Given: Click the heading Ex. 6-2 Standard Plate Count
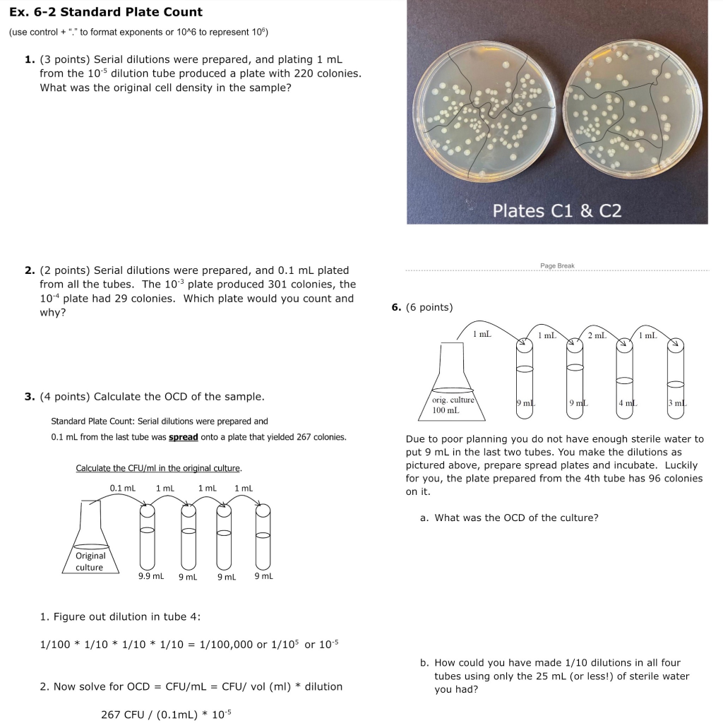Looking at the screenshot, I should point(106,12).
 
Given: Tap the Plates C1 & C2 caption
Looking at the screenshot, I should point(556,210).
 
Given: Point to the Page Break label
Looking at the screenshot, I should point(557,265).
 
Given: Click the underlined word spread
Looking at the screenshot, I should point(183,437).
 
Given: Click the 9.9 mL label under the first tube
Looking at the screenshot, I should point(150,576).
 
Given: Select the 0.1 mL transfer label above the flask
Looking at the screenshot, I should point(123,488).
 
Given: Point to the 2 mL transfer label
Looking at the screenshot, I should point(597,335).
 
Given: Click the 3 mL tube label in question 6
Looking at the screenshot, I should point(676,403).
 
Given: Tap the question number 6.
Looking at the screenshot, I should point(396,307).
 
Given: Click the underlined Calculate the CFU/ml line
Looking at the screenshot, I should point(159,468).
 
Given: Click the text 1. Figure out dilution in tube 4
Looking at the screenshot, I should point(121,616).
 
